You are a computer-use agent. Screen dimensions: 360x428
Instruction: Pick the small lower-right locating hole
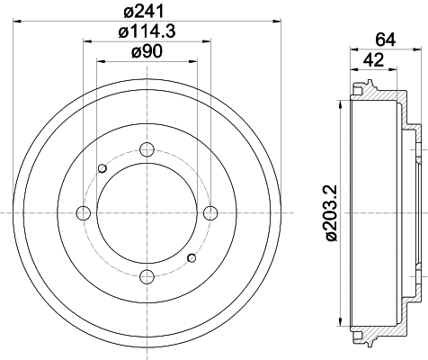point(192,259)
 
